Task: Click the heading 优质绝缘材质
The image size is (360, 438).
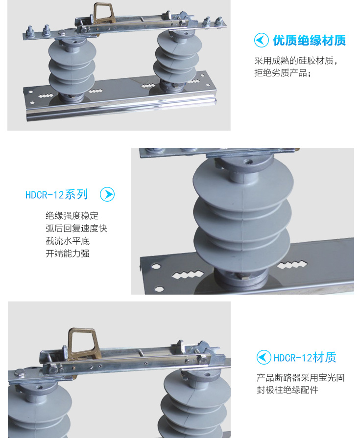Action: click(310, 41)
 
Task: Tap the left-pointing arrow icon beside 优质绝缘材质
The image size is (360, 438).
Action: click(262, 40)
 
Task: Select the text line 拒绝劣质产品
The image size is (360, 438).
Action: click(283, 73)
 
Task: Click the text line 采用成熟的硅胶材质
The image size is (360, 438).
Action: click(296, 60)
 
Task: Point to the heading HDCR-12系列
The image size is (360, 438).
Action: click(56, 194)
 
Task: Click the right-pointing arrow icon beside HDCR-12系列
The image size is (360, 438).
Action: click(107, 194)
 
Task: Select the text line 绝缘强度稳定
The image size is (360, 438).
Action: click(72, 216)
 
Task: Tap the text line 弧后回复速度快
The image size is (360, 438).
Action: click(76, 228)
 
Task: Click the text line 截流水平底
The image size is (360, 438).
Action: click(68, 241)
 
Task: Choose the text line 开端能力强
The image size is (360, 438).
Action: click(68, 254)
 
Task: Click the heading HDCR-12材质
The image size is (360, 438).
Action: click(305, 358)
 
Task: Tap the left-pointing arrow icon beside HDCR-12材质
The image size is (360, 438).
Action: click(264, 357)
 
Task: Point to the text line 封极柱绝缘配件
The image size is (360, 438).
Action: click(288, 390)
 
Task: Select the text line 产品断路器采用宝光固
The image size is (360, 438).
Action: click(300, 378)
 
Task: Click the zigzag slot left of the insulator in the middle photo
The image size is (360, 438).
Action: click(187, 275)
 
